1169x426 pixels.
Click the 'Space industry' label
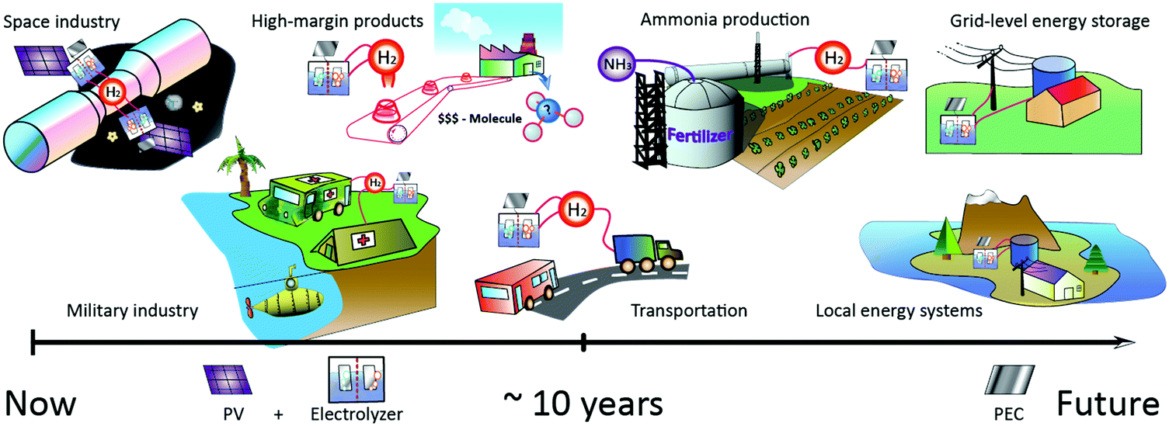(62, 21)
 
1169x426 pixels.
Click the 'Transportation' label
(688, 311)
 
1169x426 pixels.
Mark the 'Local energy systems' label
(899, 311)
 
